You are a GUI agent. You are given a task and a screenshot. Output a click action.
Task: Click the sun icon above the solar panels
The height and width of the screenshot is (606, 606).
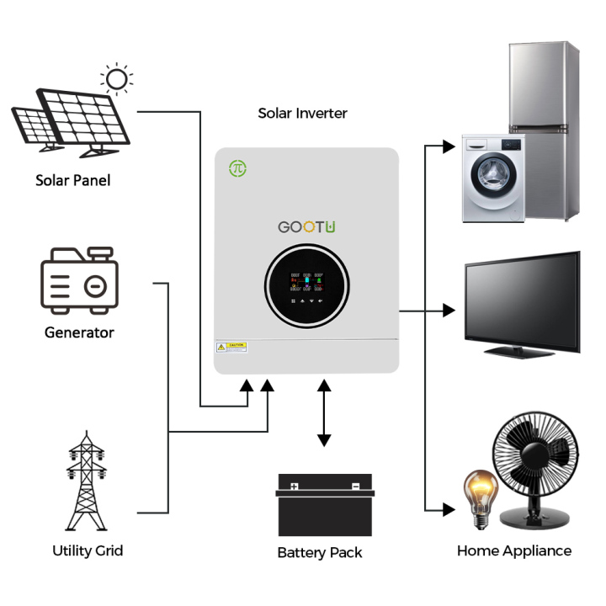(x=116, y=79)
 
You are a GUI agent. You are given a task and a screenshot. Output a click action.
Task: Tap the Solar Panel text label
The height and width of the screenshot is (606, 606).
(x=72, y=180)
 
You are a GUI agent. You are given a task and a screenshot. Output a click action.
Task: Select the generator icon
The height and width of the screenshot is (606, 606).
(x=79, y=279)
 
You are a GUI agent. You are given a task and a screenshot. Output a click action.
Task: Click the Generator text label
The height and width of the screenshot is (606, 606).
(x=79, y=332)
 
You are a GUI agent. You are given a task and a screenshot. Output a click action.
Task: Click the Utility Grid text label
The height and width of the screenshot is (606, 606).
(x=88, y=550)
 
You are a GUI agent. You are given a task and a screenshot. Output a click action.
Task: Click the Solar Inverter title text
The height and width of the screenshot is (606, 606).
(x=302, y=113)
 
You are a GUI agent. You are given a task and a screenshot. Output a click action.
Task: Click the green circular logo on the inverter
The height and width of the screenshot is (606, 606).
(x=238, y=168)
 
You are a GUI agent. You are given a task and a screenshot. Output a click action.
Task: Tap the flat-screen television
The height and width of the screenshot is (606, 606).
(x=522, y=300)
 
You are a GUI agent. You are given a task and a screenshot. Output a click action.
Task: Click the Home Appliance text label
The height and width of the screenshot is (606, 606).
(x=514, y=551)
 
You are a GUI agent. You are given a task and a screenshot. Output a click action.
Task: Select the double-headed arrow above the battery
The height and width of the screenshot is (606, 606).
(x=324, y=412)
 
